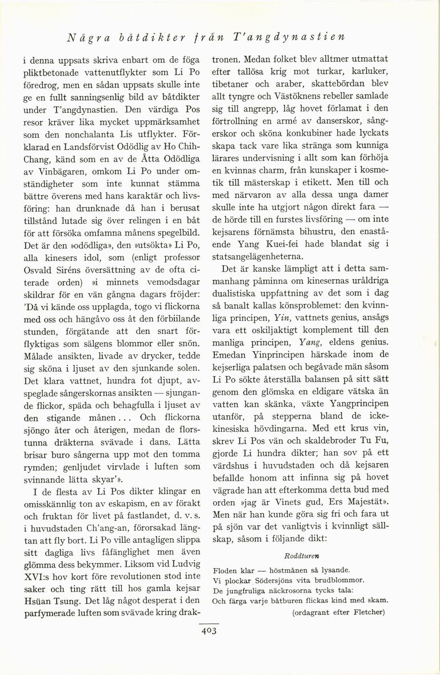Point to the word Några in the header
click(x=86, y=38)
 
